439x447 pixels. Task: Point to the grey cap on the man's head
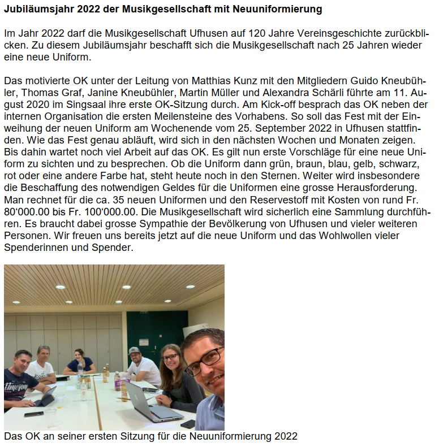pos(134,351)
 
